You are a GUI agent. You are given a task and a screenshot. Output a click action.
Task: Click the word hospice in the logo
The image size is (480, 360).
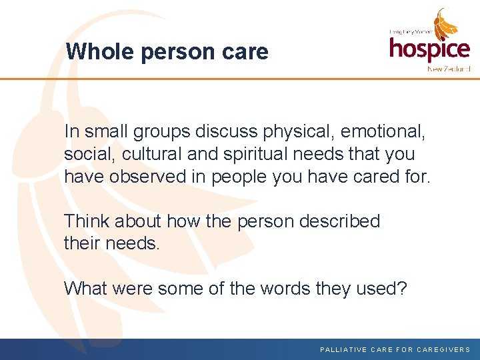click(429, 48)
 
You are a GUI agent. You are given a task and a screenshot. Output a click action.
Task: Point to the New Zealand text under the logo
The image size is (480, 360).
click(449, 69)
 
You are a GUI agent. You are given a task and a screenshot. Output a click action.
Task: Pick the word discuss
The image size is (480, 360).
click(229, 131)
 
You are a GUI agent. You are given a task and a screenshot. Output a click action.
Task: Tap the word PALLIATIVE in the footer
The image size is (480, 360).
click(344, 349)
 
